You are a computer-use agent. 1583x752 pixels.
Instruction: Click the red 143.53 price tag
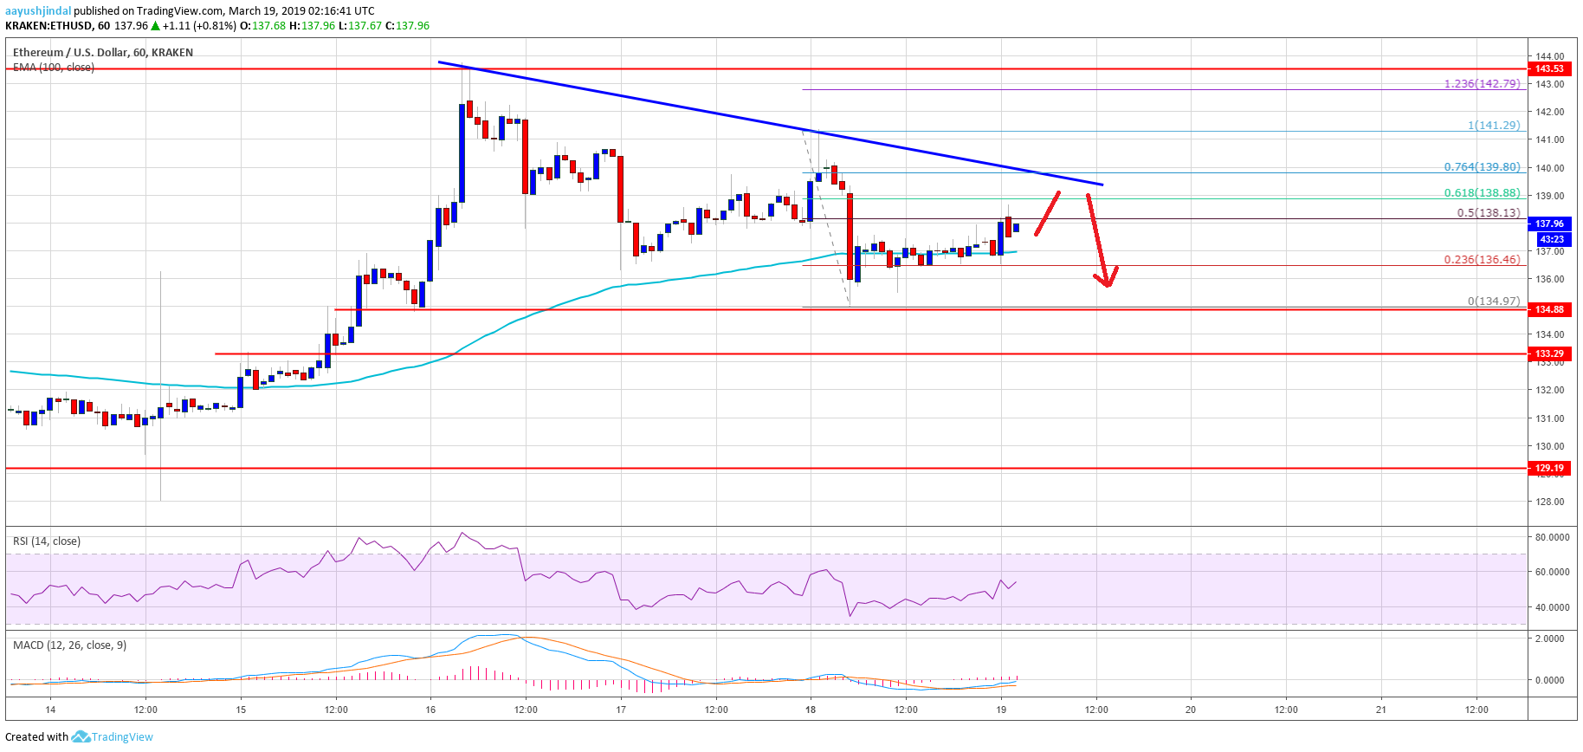click(1549, 68)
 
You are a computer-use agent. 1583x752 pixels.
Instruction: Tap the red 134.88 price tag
click(1549, 309)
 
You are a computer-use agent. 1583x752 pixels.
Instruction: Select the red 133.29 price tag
click(1549, 353)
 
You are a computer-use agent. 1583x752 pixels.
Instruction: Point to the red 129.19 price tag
click(1549, 468)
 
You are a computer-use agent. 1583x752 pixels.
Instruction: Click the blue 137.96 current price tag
click(1549, 224)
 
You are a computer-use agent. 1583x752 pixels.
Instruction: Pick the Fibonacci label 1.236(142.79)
click(1482, 84)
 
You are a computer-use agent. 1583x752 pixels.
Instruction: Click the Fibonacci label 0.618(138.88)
click(1482, 193)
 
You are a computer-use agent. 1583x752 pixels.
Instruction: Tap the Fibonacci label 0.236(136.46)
click(1482, 259)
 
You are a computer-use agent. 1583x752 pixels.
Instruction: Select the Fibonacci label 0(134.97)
click(1493, 301)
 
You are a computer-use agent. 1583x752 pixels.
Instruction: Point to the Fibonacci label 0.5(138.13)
click(1488, 212)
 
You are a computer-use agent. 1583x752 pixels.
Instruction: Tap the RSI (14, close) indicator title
click(47, 541)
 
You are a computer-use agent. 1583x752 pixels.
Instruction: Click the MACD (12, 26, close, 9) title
click(69, 645)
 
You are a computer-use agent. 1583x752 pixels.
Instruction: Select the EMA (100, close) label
click(54, 68)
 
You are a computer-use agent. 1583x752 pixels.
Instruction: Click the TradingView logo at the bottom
click(113, 737)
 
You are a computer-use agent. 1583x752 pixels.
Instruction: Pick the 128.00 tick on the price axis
click(1549, 502)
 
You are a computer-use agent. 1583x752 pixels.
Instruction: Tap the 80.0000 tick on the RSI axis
click(1552, 537)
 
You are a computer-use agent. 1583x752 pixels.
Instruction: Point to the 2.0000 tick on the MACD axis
click(1549, 639)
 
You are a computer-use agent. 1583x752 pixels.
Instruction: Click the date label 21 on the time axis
click(1381, 710)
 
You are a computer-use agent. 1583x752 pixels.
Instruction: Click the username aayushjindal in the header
click(38, 11)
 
